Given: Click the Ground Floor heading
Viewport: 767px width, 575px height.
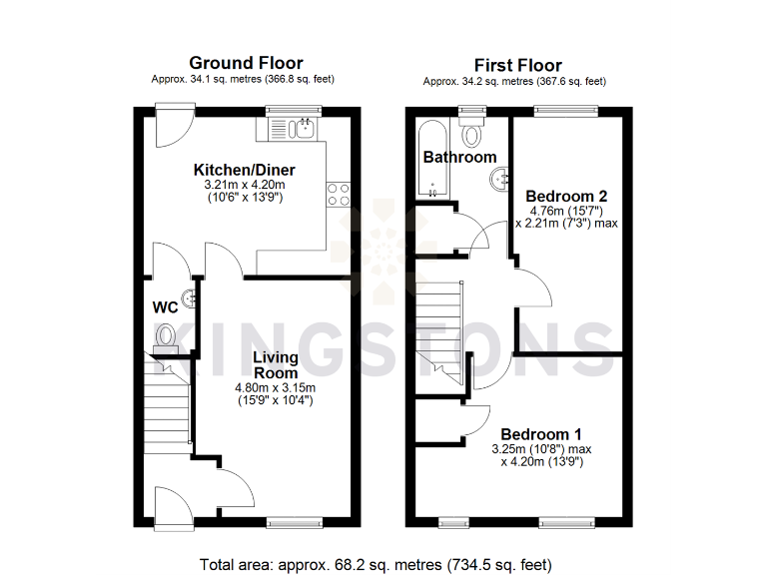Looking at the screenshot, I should pos(246,63).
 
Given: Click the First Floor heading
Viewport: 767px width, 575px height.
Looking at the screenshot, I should pos(517,65).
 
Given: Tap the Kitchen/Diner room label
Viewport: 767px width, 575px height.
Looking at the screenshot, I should pos(244,170).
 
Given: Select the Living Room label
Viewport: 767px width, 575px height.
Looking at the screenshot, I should pos(275,364).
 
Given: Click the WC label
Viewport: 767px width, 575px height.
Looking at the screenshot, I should pos(165,305).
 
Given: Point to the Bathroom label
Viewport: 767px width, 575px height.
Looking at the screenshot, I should pos(459,157).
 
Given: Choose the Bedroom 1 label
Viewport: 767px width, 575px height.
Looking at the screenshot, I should pos(541,434).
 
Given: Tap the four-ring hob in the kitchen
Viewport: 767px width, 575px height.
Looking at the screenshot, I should pos(339,193).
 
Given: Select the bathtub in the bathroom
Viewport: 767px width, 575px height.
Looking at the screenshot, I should pos(433,160).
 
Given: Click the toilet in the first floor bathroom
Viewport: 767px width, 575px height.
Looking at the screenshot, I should pos(472,132).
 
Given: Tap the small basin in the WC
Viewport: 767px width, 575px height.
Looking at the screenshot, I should pos(187,294).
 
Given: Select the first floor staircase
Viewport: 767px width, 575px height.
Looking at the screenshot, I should pos(440,329).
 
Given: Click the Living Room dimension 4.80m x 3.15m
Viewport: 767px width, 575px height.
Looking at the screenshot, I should pos(275,388).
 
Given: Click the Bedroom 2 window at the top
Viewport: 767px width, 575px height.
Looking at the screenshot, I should pos(565,111).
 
